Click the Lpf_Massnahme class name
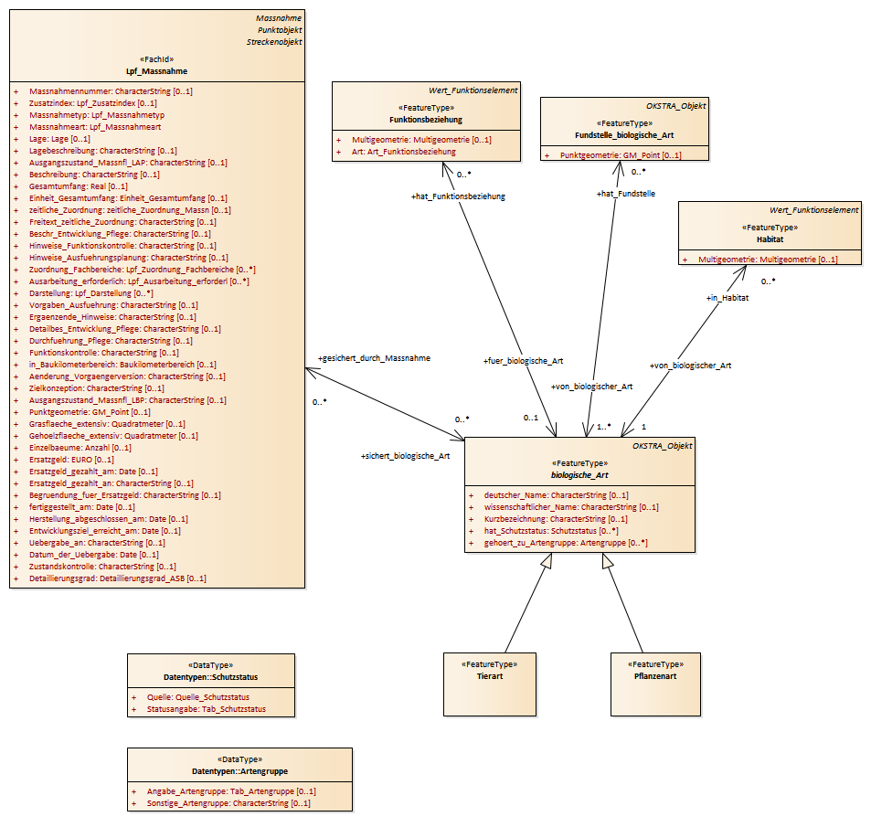point(156,71)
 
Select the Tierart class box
point(489,683)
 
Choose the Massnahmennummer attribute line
point(111,91)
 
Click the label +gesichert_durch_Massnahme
point(373,358)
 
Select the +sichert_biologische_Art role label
point(405,455)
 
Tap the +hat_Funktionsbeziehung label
point(458,196)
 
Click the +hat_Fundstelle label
point(625,194)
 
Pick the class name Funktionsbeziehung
point(426,120)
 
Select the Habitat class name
point(770,239)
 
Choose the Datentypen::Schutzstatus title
point(210,676)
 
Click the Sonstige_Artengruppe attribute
point(228,803)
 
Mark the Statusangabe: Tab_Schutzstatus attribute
point(207,709)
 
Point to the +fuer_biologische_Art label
point(523,362)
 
